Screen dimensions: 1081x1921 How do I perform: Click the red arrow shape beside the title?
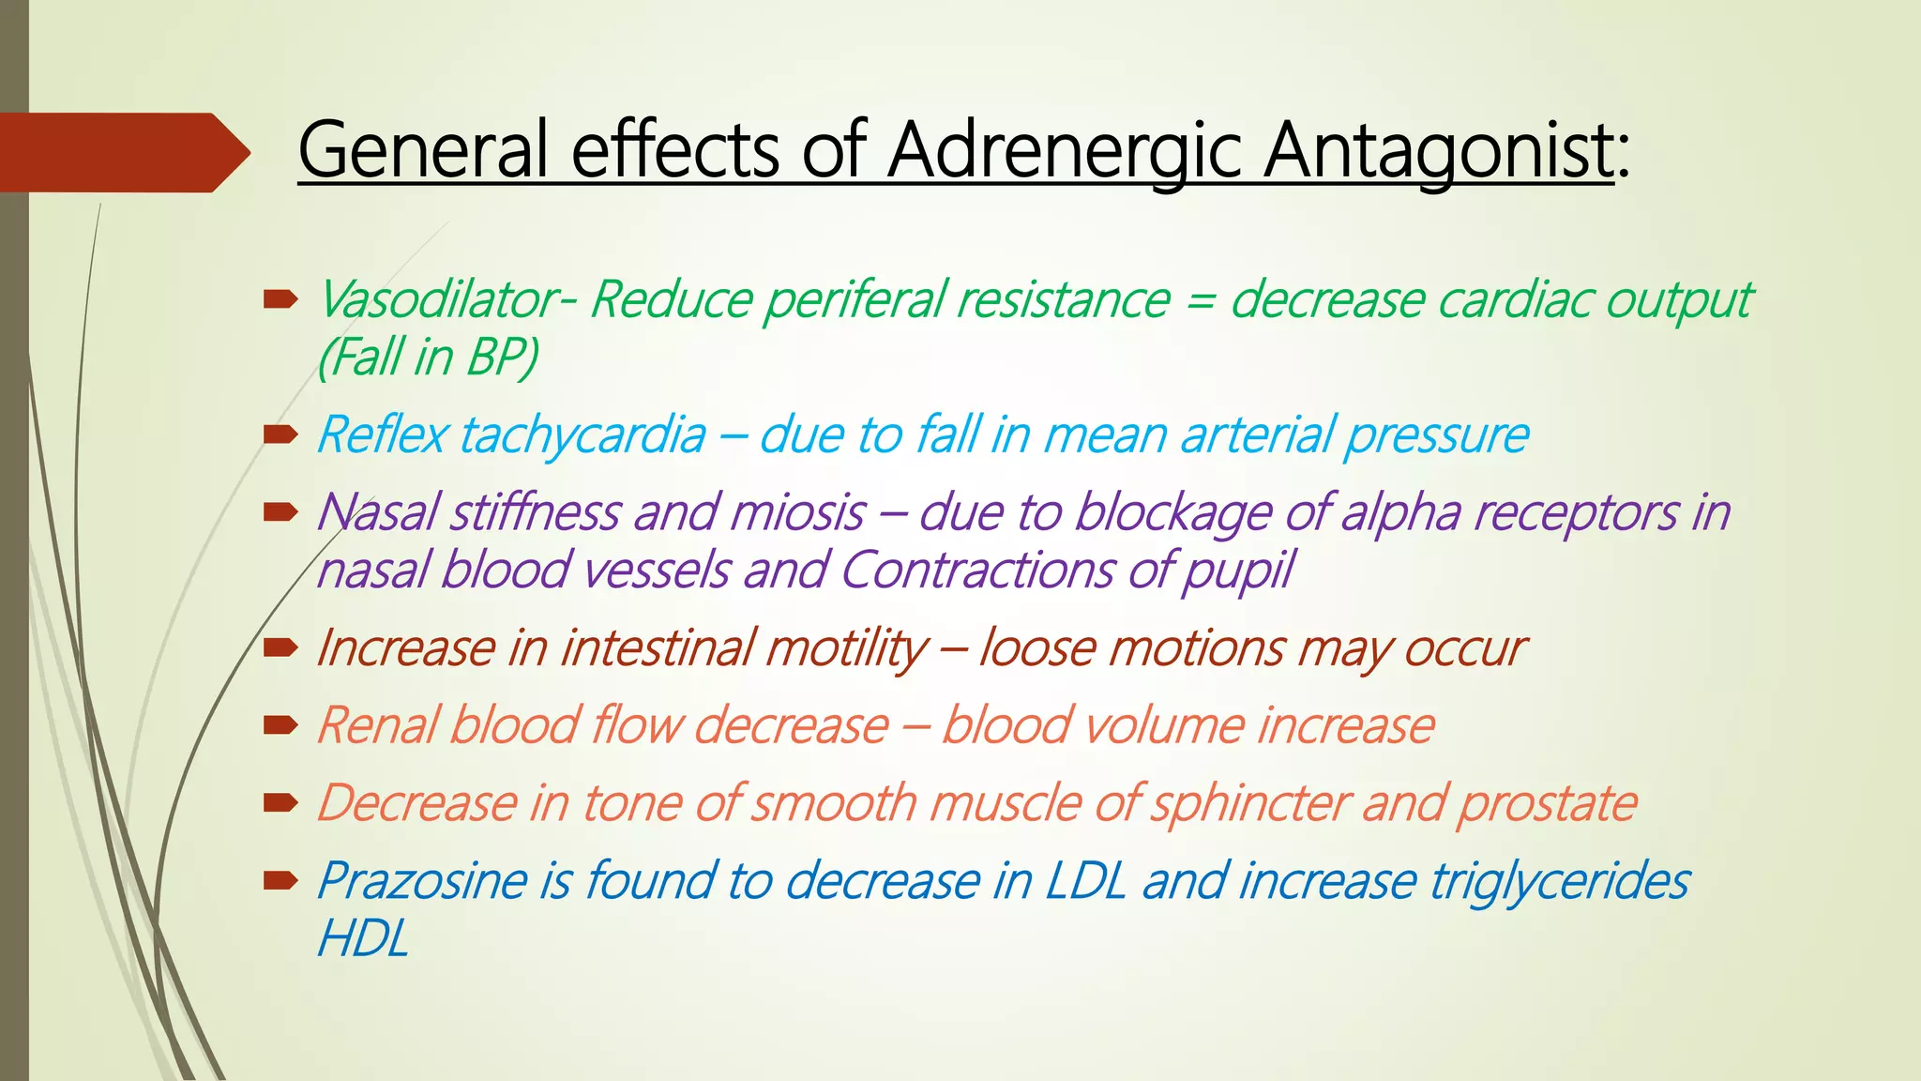coord(122,152)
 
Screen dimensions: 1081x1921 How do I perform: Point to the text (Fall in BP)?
coord(428,358)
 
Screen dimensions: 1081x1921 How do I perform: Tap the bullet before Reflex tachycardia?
coord(280,434)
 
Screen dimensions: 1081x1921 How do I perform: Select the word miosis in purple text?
coord(797,513)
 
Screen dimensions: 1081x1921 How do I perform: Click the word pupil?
coord(1237,571)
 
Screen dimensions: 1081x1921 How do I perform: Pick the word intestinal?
coord(667,648)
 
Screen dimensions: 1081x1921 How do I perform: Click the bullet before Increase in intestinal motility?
coord(280,647)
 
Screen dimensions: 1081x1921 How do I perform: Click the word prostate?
coord(1547,804)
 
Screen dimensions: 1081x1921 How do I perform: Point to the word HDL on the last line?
coord(363,938)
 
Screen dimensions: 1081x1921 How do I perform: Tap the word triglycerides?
coord(1558,881)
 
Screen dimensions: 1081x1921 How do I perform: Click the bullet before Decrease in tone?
coord(280,802)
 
